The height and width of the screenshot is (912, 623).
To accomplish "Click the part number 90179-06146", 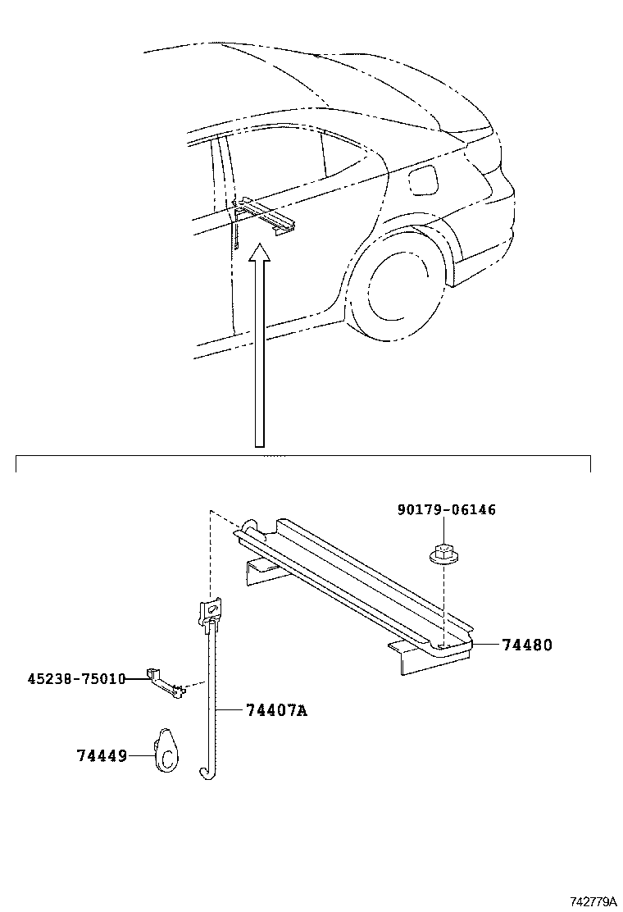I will tap(446, 510).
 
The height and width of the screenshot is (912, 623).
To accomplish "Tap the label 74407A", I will tap(275, 710).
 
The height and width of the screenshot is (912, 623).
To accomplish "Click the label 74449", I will tap(102, 755).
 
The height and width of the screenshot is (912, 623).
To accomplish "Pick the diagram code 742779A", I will tap(593, 901).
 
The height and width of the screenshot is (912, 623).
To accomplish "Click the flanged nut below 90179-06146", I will tap(442, 555).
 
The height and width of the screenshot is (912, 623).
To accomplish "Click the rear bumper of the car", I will tap(484, 254).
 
